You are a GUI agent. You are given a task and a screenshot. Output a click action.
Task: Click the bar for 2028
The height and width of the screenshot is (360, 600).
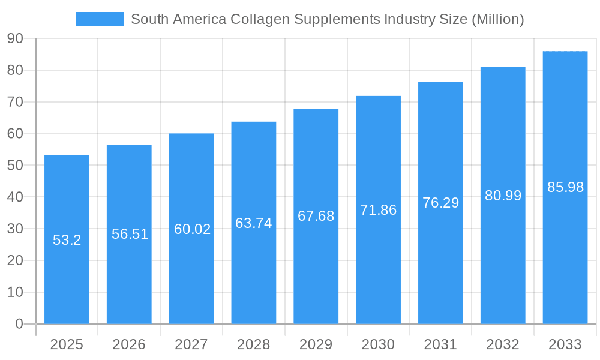click(x=254, y=270)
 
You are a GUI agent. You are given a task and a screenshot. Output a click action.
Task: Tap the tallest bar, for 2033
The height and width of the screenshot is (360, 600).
click(x=565, y=252)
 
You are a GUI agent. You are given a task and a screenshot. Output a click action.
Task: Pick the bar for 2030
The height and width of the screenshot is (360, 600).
click(x=378, y=270)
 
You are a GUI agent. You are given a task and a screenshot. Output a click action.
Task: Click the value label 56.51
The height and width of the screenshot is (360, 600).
click(x=130, y=234)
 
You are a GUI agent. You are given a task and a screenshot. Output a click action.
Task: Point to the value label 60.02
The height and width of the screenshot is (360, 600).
click(x=192, y=229)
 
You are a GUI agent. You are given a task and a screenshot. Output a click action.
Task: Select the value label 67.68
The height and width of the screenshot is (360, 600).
click(x=316, y=216)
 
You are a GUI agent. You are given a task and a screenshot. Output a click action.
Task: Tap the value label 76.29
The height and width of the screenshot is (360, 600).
click(x=440, y=203)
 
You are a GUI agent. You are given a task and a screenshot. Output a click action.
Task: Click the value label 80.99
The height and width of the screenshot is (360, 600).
click(x=503, y=196)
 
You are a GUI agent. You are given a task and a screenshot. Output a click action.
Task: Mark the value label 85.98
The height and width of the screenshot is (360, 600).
click(x=565, y=187)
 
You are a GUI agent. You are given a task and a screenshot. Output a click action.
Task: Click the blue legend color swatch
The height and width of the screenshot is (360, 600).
click(x=99, y=19)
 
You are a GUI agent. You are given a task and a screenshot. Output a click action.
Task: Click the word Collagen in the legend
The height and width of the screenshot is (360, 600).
click(x=260, y=19)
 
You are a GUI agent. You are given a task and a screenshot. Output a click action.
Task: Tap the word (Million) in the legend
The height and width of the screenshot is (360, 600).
click(x=497, y=19)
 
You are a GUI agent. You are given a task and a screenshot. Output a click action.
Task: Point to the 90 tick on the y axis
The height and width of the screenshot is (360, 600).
click(x=15, y=38)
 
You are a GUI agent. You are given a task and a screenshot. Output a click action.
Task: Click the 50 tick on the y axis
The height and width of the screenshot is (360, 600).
click(x=15, y=166)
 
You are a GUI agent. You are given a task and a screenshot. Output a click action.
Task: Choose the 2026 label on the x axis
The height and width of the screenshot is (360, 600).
click(x=129, y=344)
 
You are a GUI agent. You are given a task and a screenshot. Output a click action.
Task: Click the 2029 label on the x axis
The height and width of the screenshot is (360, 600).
click(x=316, y=344)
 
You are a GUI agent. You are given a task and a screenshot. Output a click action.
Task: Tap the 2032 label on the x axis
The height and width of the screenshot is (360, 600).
click(x=503, y=344)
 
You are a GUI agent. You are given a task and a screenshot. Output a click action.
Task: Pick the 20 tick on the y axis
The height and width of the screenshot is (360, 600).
click(x=15, y=260)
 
